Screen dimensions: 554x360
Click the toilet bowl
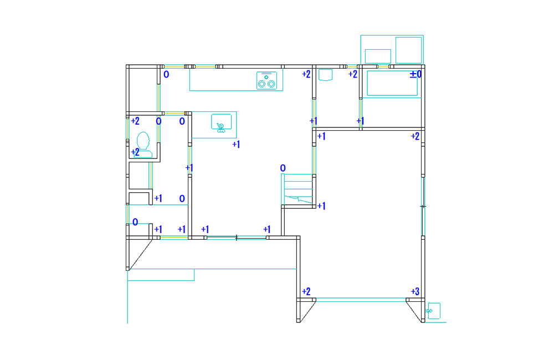click(143, 140)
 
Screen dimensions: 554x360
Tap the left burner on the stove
click(262, 84)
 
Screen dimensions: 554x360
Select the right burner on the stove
click(271, 84)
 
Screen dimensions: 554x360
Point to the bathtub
click(392, 83)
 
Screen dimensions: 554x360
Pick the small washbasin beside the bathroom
click(325, 75)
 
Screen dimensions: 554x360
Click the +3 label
click(415, 291)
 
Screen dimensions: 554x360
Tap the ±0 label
click(416, 74)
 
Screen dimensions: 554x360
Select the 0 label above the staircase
click(283, 168)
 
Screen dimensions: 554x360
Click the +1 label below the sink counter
click(236, 144)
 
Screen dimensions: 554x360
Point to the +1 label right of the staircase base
click(321, 206)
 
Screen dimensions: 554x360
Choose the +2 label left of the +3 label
click(306, 291)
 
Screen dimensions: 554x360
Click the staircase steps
click(297, 189)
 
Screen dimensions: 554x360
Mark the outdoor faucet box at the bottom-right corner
click(434, 311)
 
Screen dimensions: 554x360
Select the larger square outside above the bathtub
click(408, 50)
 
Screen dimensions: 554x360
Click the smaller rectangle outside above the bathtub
click(378, 56)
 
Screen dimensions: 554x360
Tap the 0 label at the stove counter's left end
click(166, 74)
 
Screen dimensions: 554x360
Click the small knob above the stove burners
click(266, 77)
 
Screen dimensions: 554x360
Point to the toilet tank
click(144, 153)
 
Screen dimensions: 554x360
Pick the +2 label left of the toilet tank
click(135, 152)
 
